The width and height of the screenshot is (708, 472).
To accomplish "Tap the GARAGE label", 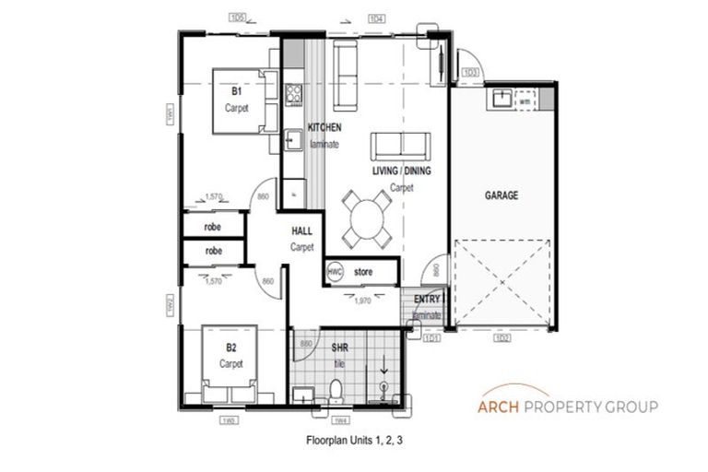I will (501, 196).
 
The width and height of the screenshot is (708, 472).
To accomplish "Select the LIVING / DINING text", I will (401, 171).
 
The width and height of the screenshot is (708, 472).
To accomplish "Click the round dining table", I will (367, 218).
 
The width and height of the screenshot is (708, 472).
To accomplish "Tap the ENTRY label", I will (427, 300).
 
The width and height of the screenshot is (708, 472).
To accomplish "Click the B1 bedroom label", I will (237, 92).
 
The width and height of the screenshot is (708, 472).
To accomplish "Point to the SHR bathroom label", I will (338, 348).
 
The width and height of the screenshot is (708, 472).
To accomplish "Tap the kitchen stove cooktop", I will (294, 92).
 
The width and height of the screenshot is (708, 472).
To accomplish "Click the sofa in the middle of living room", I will (400, 146).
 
